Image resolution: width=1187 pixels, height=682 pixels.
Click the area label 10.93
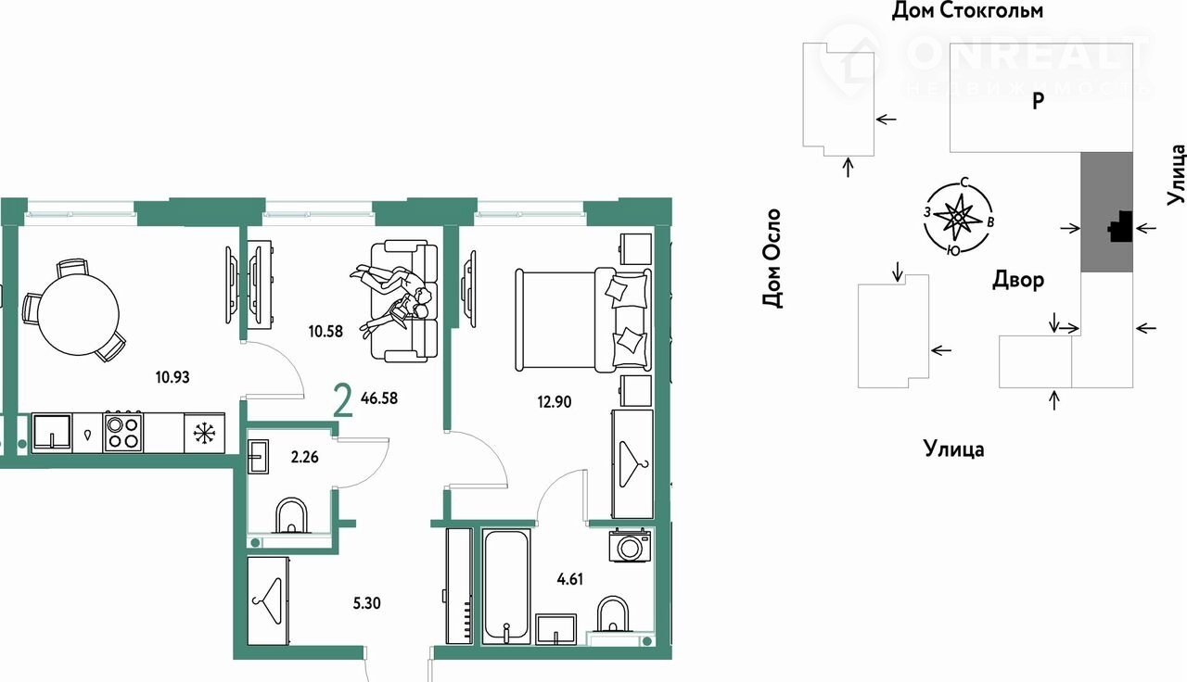(172, 377)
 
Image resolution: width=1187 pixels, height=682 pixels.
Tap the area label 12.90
(555, 402)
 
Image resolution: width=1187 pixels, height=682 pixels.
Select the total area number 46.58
(379, 398)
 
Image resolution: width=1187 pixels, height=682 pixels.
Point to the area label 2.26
(305, 457)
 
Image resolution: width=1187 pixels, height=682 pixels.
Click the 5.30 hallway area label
(366, 603)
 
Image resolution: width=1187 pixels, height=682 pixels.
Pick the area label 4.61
(570, 579)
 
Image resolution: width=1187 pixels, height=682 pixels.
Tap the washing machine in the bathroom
(630, 546)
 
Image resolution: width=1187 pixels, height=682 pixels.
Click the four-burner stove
(123, 433)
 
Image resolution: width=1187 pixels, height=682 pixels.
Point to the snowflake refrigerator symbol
(204, 434)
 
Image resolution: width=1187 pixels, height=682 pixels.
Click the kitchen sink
(52, 433)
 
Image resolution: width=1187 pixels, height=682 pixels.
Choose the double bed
(583, 320)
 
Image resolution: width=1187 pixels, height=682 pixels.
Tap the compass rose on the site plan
(958, 217)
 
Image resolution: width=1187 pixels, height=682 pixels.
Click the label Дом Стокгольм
(967, 10)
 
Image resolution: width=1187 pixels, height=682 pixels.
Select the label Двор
(1018, 280)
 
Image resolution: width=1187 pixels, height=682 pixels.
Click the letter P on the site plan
(1038, 100)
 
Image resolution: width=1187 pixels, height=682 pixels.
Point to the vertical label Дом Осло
(772, 259)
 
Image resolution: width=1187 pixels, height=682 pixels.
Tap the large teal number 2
(343, 401)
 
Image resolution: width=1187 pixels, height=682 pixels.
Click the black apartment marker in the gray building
(1121, 228)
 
